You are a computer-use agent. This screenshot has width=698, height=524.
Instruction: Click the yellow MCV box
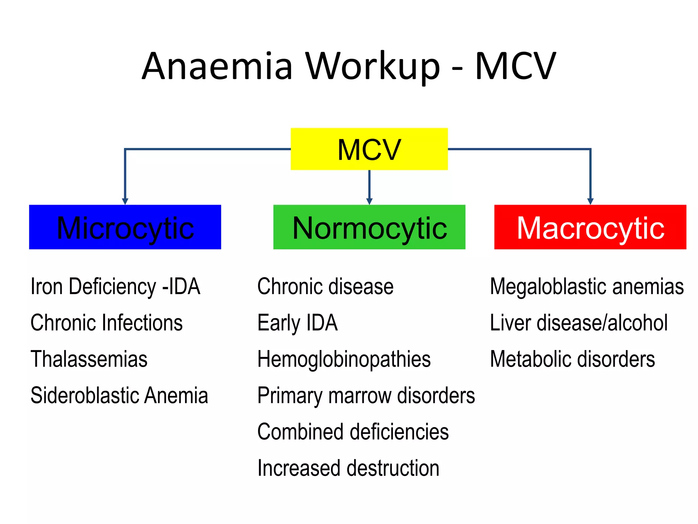pyautogui.click(x=369, y=149)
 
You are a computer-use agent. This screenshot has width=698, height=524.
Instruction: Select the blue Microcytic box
pyautogui.click(x=125, y=227)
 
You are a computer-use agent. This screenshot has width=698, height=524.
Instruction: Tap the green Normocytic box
pyautogui.click(x=369, y=227)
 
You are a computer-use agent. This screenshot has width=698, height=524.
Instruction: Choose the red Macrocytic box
pyautogui.click(x=590, y=227)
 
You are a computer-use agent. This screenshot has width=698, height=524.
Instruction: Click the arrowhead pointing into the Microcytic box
pyautogui.click(x=125, y=201)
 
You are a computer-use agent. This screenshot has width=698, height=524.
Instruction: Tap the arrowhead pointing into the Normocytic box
pyautogui.click(x=369, y=201)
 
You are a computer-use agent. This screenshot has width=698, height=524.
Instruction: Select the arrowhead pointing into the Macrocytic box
pyautogui.click(x=590, y=201)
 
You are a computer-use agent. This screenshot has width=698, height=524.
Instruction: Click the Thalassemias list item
pyautogui.click(x=89, y=359)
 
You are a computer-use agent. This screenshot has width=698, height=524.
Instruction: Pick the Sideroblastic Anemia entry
pyautogui.click(x=119, y=395)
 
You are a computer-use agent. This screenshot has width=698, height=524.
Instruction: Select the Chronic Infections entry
pyautogui.click(x=107, y=322)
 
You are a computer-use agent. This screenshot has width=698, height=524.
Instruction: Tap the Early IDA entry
pyautogui.click(x=298, y=322)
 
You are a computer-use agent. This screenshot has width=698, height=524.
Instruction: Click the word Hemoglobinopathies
pyautogui.click(x=344, y=359)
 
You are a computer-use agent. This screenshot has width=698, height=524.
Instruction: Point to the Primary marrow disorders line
pyautogui.click(x=366, y=396)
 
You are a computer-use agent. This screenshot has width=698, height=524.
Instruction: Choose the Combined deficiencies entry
pyautogui.click(x=353, y=432)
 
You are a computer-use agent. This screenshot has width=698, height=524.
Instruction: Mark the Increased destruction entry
pyautogui.click(x=348, y=468)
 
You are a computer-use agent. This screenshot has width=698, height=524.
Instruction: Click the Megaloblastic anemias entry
pyautogui.click(x=587, y=286)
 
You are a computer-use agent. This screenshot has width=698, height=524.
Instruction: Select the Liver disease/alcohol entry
pyautogui.click(x=579, y=322)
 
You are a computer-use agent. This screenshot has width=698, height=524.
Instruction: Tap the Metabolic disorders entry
pyautogui.click(x=573, y=359)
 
